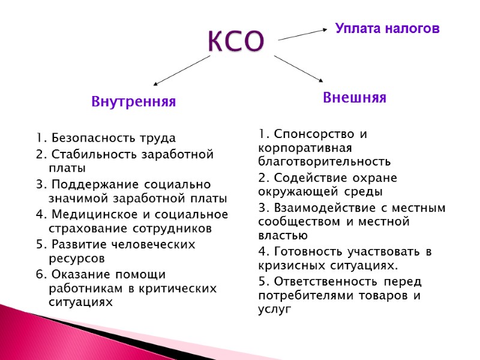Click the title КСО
click(x=236, y=41)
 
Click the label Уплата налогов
click(x=387, y=28)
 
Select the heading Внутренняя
click(x=133, y=102)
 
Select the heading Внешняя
click(x=354, y=98)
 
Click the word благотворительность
click(x=324, y=161)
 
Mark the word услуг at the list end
click(x=275, y=310)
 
